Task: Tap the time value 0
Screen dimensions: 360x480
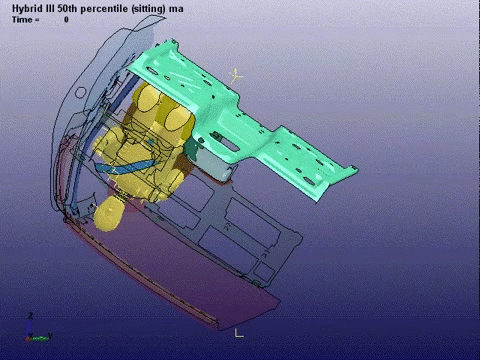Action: [66, 18]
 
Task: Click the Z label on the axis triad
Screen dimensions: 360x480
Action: [31, 316]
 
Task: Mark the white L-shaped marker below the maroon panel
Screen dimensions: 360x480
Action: [239, 331]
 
